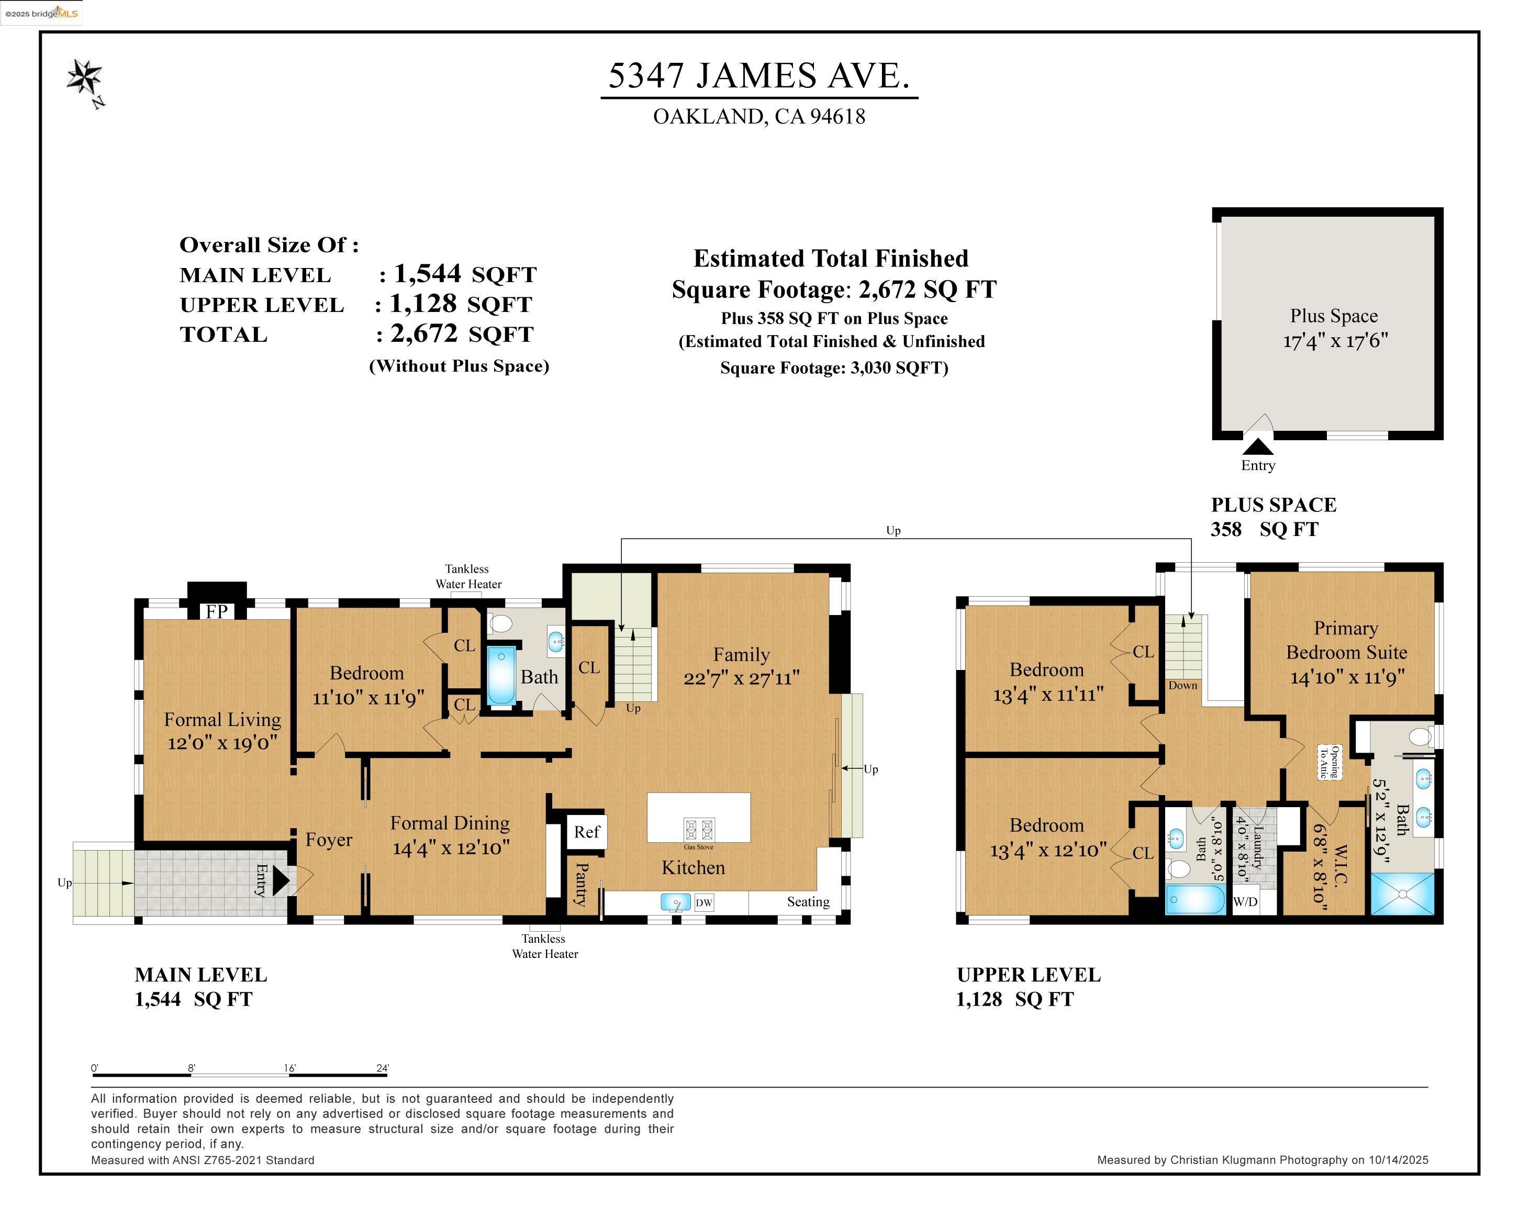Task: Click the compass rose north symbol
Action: tap(85, 77)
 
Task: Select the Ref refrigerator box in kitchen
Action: tap(586, 832)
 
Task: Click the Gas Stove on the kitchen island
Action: tap(698, 829)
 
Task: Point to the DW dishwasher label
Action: tap(704, 902)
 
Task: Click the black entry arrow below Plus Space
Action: tap(1258, 446)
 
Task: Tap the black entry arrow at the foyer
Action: tap(281, 880)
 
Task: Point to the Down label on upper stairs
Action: tap(1182, 685)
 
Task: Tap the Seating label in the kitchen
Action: tap(808, 902)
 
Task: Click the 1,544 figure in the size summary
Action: tap(427, 273)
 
